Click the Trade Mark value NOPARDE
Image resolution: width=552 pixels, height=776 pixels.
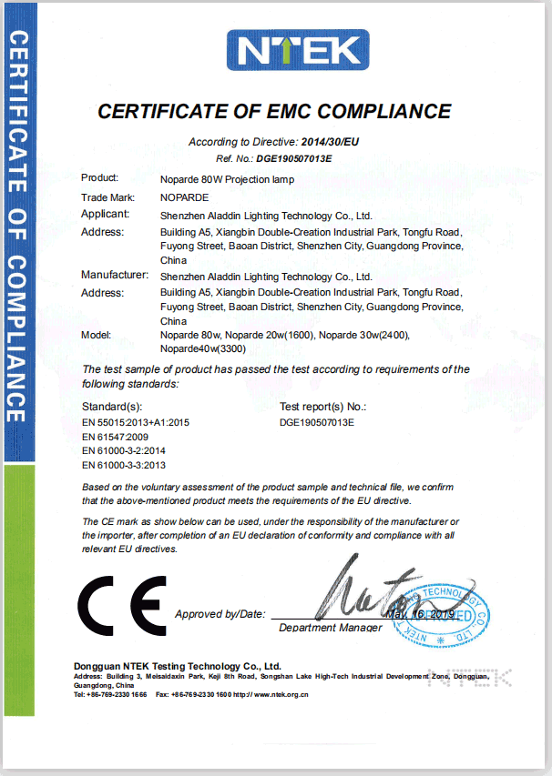(x=185, y=197)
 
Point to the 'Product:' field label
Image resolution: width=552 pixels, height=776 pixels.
(x=100, y=178)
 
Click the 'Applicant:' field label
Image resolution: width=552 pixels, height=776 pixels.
(x=105, y=215)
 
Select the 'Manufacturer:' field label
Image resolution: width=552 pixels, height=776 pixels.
(x=114, y=275)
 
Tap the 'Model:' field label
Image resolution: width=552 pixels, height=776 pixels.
(x=97, y=335)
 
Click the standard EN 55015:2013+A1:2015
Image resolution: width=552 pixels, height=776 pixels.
(x=136, y=422)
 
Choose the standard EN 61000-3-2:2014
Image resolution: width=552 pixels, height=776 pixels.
(x=123, y=451)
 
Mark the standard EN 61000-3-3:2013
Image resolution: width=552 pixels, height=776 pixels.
(x=123, y=466)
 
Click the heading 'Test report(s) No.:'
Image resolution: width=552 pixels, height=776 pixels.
(x=322, y=406)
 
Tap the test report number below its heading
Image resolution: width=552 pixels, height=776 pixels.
(x=316, y=422)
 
